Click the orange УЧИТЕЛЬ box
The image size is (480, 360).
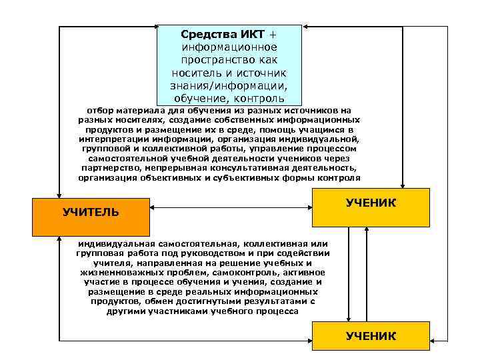[x=91, y=213]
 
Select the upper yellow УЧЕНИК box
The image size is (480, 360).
[x=371, y=207]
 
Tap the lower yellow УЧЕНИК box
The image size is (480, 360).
[x=371, y=336]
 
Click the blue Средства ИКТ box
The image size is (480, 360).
[x=229, y=65]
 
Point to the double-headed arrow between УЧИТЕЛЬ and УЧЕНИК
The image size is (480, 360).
[x=231, y=207]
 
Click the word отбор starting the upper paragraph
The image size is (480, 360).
[x=100, y=109]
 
